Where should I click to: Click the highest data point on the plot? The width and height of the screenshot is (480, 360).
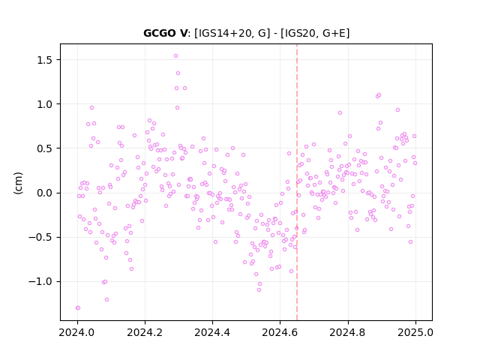tap(175, 55)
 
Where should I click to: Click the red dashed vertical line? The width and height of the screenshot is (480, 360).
tap(297, 182)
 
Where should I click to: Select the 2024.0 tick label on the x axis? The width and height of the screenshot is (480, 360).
tap(77, 332)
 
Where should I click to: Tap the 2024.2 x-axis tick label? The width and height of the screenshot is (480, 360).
tap(145, 332)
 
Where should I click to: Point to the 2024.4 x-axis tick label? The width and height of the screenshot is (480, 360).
tap(212, 332)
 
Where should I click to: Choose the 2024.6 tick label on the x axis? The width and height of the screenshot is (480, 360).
tap(280, 332)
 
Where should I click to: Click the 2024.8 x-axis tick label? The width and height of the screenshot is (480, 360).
tap(347, 332)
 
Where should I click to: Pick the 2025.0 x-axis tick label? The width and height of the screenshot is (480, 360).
tap(415, 332)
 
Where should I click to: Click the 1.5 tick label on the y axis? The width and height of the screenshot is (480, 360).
tap(45, 60)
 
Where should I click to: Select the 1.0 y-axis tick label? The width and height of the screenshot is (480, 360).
tap(45, 104)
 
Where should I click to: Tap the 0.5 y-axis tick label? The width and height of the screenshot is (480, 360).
tap(45, 148)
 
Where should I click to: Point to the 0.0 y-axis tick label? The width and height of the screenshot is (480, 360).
tap(45, 193)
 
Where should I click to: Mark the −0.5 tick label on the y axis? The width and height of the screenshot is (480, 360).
tap(40, 237)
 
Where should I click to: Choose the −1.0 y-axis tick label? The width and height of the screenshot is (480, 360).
tap(40, 282)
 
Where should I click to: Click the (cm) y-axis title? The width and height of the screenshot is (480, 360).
tap(18, 183)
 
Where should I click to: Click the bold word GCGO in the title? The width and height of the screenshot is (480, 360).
tap(160, 33)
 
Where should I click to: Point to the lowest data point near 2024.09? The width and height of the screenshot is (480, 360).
tap(106, 299)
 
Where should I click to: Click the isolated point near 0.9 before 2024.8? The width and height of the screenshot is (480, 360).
tap(340, 113)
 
